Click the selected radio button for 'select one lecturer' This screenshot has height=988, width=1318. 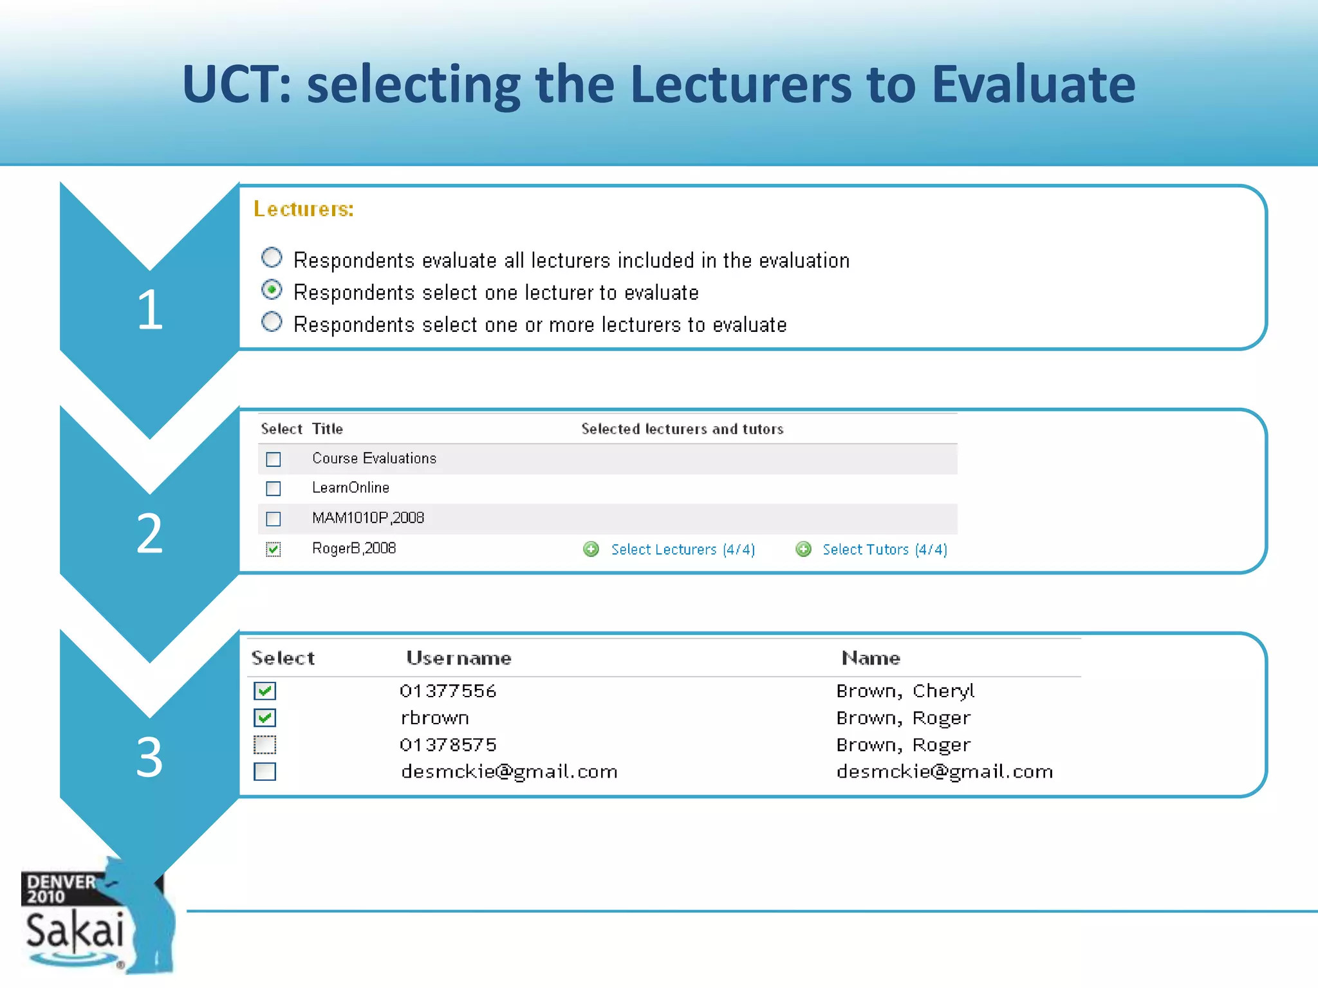tap(272, 290)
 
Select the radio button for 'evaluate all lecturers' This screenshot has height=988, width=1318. tap(272, 258)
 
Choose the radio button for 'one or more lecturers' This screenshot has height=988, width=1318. tap(272, 322)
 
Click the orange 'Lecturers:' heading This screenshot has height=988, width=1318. tap(303, 209)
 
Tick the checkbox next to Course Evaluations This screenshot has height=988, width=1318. tap(274, 459)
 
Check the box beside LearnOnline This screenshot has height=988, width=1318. tap(274, 489)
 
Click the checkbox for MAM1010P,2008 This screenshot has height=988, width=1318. tap(274, 518)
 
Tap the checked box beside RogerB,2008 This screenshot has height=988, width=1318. tap(274, 549)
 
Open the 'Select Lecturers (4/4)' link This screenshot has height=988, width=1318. tap(683, 549)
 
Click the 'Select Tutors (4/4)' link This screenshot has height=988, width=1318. tap(884, 549)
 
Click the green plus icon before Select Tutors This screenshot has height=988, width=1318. tap(803, 549)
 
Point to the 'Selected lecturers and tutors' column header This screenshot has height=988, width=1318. tap(682, 429)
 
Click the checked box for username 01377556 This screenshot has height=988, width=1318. tap(265, 691)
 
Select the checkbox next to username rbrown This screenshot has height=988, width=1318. tap(265, 718)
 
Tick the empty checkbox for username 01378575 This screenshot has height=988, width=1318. tap(265, 745)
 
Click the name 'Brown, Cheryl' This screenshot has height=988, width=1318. tap(905, 691)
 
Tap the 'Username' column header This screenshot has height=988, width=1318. tap(458, 658)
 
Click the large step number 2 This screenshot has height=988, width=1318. tap(149, 533)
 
